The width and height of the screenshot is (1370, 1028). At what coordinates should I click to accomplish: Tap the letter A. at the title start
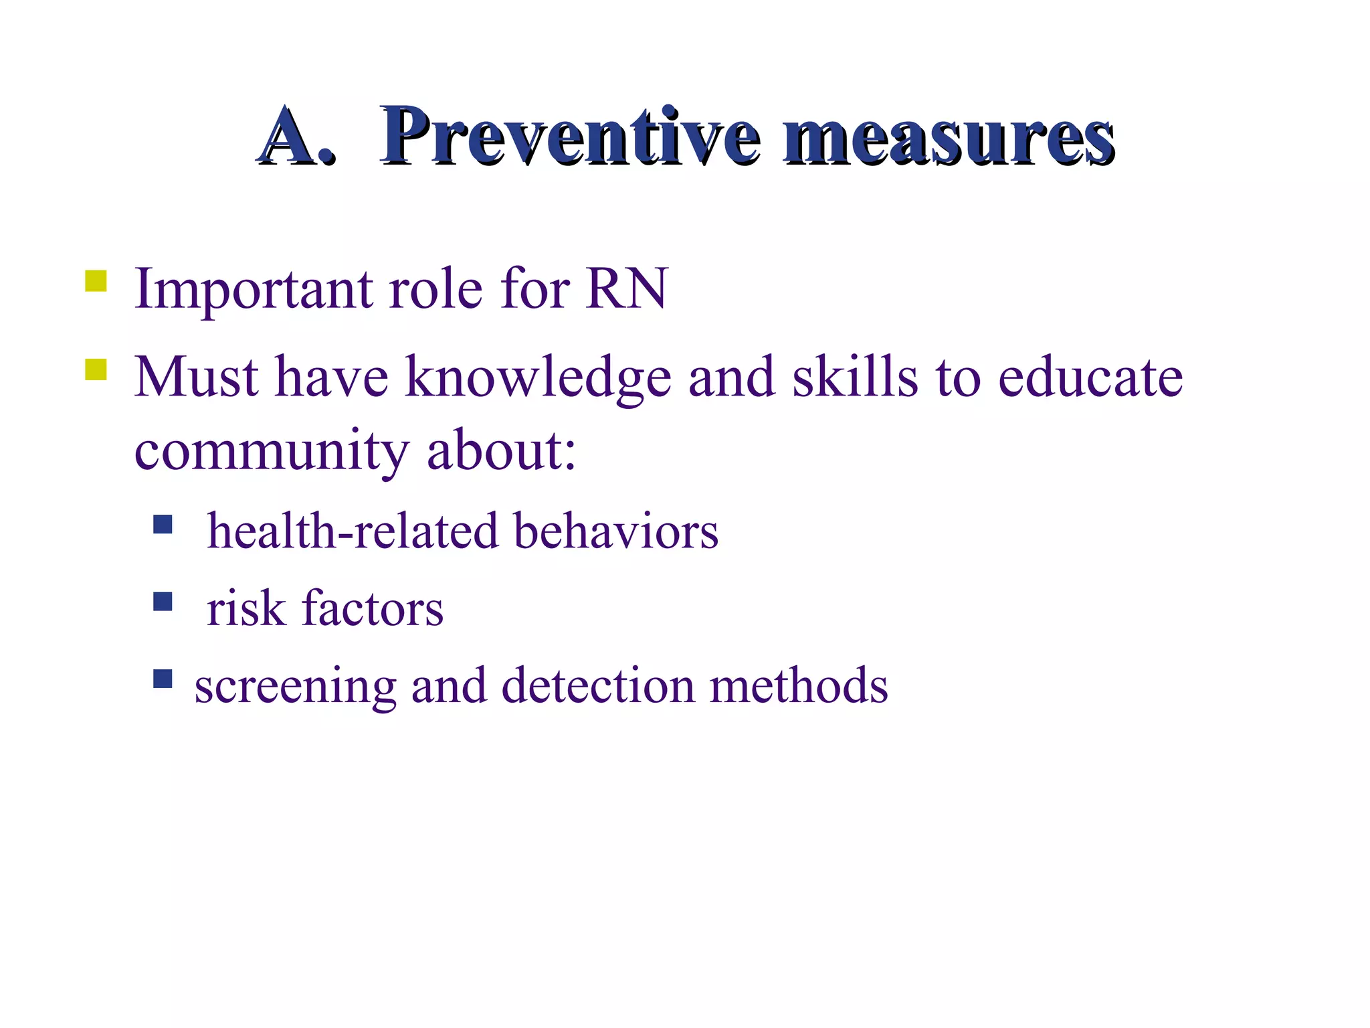[x=295, y=137]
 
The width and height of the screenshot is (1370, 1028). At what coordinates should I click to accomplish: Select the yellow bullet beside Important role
[x=96, y=281]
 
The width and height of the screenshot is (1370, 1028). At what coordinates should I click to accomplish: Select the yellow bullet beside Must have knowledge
[x=96, y=369]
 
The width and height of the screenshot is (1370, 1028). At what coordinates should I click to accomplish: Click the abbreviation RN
[x=627, y=288]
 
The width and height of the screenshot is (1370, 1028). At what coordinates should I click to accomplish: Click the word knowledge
[x=538, y=377]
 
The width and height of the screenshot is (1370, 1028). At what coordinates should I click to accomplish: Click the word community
[x=271, y=452]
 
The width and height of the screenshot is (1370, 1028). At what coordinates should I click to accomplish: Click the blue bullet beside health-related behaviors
[x=163, y=524]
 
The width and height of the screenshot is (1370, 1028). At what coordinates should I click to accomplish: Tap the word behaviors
[x=615, y=531]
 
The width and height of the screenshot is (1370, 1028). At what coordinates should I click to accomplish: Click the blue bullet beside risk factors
[x=163, y=602]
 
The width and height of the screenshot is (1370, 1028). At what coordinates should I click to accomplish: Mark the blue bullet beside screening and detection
[x=163, y=679]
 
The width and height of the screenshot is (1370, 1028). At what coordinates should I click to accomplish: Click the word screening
[x=295, y=687]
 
